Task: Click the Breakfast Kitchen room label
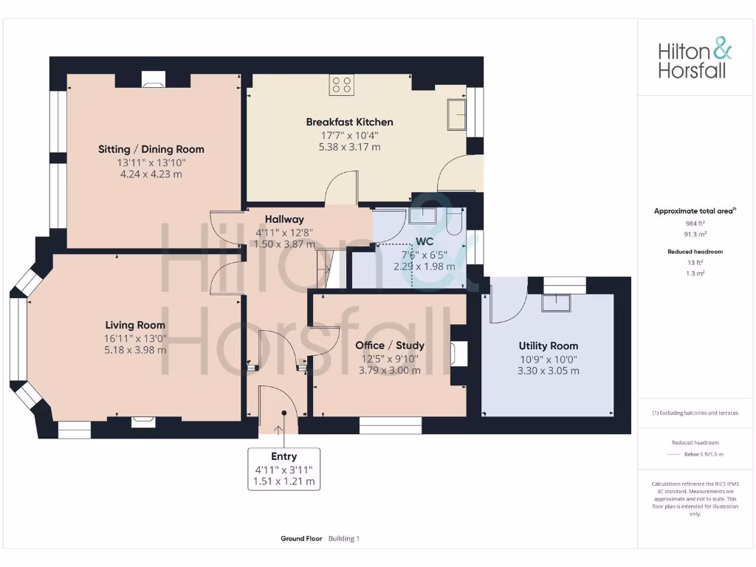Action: (349, 122)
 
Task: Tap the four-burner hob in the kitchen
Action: (342, 85)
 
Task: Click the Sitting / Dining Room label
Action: (151, 149)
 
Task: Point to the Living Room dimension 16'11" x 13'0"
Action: (135, 337)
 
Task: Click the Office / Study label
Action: (389, 345)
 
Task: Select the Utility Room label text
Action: (548, 346)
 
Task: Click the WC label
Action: (424, 241)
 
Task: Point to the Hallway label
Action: (284, 219)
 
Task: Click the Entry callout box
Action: (284, 469)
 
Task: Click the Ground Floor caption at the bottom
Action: (301, 539)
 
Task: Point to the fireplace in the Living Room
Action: (143, 422)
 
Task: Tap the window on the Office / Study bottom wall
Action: (390, 425)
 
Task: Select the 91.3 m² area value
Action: (694, 233)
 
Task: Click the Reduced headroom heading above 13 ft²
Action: (694, 252)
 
